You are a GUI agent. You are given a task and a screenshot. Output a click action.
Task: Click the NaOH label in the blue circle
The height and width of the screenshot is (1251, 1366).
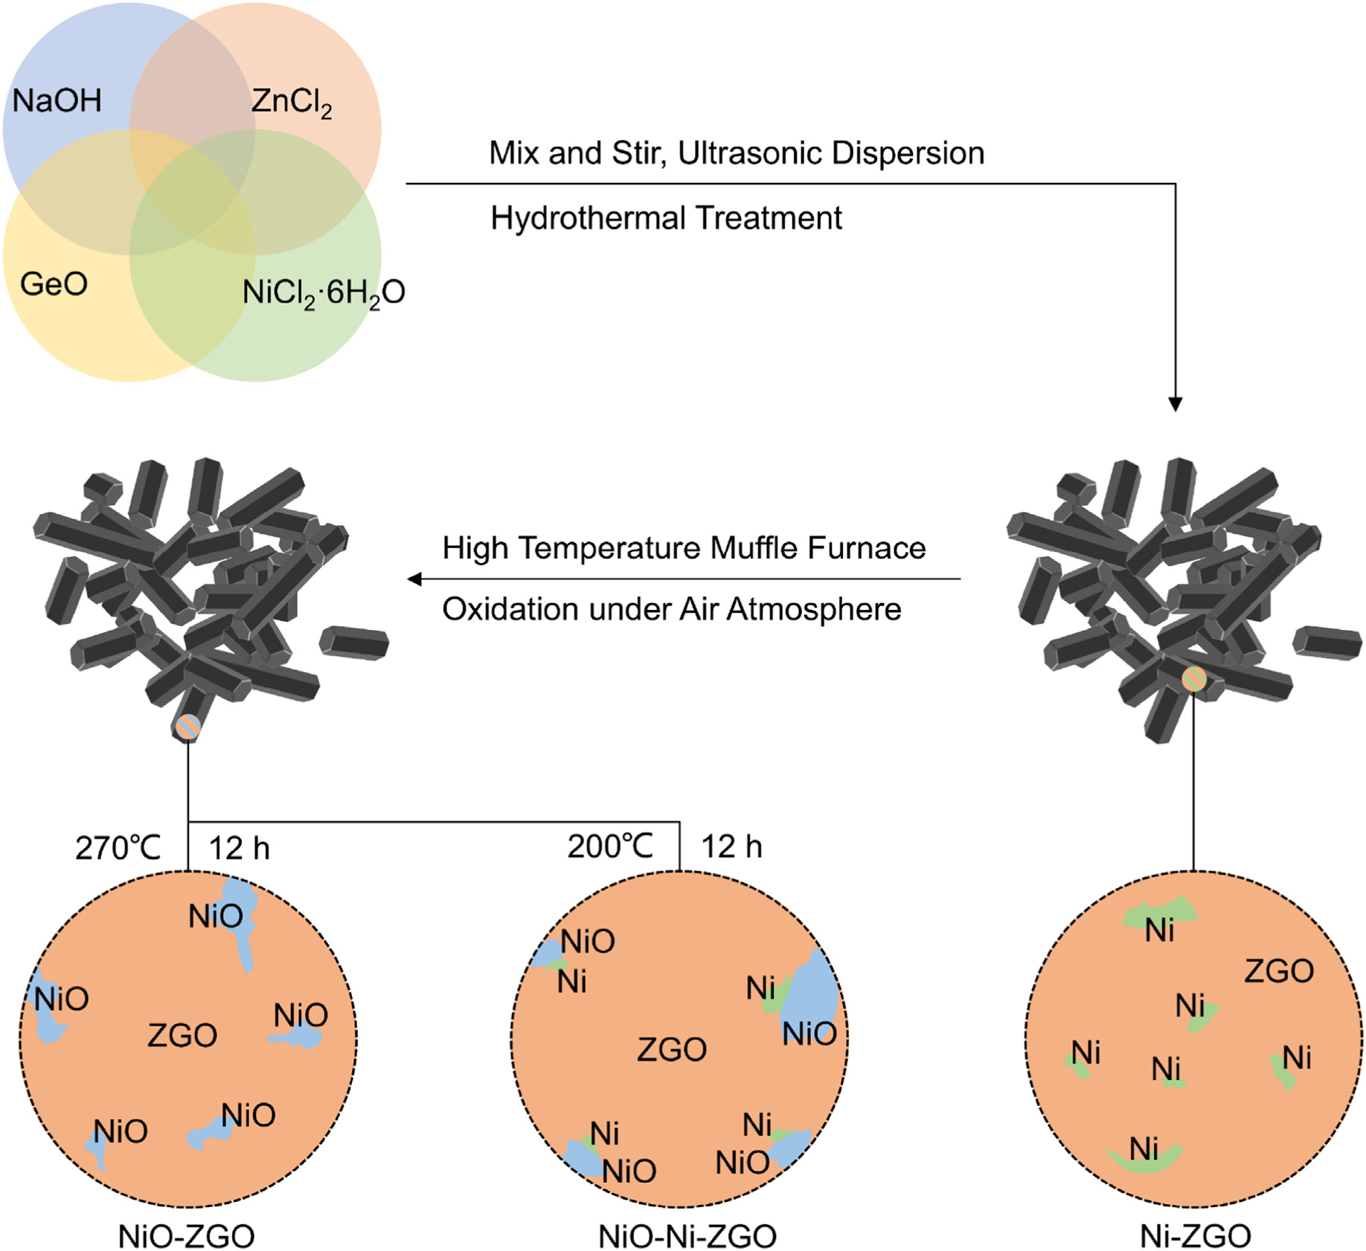[x=57, y=100]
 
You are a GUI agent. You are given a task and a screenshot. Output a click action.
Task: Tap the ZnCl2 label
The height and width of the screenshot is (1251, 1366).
[x=292, y=102]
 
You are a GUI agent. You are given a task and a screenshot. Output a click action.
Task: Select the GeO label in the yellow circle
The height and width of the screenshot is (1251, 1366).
[x=54, y=283]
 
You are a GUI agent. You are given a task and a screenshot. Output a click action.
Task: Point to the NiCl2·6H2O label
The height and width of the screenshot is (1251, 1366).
[x=324, y=293]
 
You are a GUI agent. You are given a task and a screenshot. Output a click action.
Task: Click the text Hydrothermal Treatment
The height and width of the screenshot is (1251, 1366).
[x=666, y=219]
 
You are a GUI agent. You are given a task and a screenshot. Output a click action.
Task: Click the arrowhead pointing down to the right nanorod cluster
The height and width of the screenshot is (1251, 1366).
[x=1175, y=404]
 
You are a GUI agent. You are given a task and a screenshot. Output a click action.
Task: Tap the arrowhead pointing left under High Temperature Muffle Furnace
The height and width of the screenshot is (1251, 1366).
[x=415, y=579]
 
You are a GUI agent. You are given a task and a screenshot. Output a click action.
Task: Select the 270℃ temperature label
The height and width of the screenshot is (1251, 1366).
[x=118, y=848]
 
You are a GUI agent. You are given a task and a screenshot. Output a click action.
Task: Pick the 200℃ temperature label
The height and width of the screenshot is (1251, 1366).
[x=610, y=846]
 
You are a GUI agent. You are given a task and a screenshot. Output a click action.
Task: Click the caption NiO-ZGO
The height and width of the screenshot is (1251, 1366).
[x=186, y=1236]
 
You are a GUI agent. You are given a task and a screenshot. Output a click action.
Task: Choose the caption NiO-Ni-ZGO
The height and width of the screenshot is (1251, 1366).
[x=687, y=1236]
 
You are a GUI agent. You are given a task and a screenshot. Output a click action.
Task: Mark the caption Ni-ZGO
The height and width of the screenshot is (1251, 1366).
[x=1196, y=1236]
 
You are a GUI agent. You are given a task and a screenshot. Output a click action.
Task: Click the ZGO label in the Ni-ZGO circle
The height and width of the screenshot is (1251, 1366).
[x=1279, y=971]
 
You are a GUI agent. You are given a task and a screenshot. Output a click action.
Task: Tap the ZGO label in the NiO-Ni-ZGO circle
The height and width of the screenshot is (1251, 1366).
[x=672, y=1049]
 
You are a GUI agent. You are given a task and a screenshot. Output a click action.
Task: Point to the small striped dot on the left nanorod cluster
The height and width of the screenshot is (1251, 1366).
[x=187, y=727]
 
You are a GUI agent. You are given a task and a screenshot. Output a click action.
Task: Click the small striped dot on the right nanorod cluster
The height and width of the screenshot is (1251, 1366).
[x=1194, y=678]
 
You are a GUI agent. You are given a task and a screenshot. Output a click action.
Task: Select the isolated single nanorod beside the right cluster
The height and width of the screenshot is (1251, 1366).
[x=1327, y=643]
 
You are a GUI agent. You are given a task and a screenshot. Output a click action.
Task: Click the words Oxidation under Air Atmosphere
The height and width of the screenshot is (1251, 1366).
[x=671, y=609]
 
